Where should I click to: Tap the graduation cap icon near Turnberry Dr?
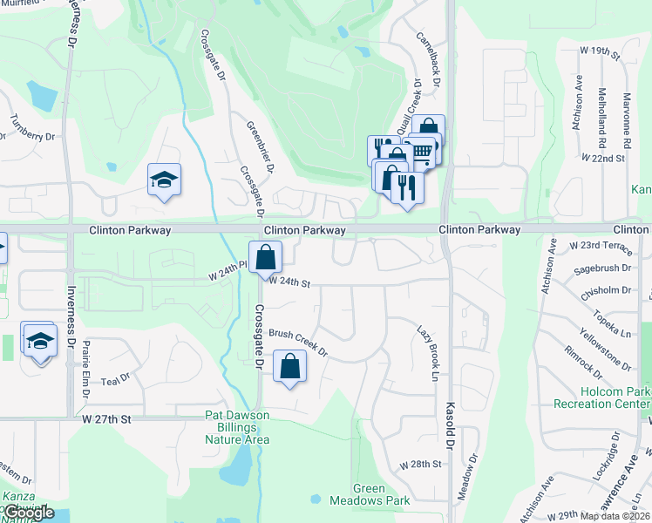164,180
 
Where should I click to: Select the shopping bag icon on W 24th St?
265,257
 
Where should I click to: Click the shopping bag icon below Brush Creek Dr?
290,366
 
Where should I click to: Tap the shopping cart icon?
423,152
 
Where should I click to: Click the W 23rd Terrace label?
600,247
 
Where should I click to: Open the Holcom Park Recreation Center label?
602,397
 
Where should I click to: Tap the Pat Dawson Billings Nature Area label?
238,427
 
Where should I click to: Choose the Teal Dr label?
115,379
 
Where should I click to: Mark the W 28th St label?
422,465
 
